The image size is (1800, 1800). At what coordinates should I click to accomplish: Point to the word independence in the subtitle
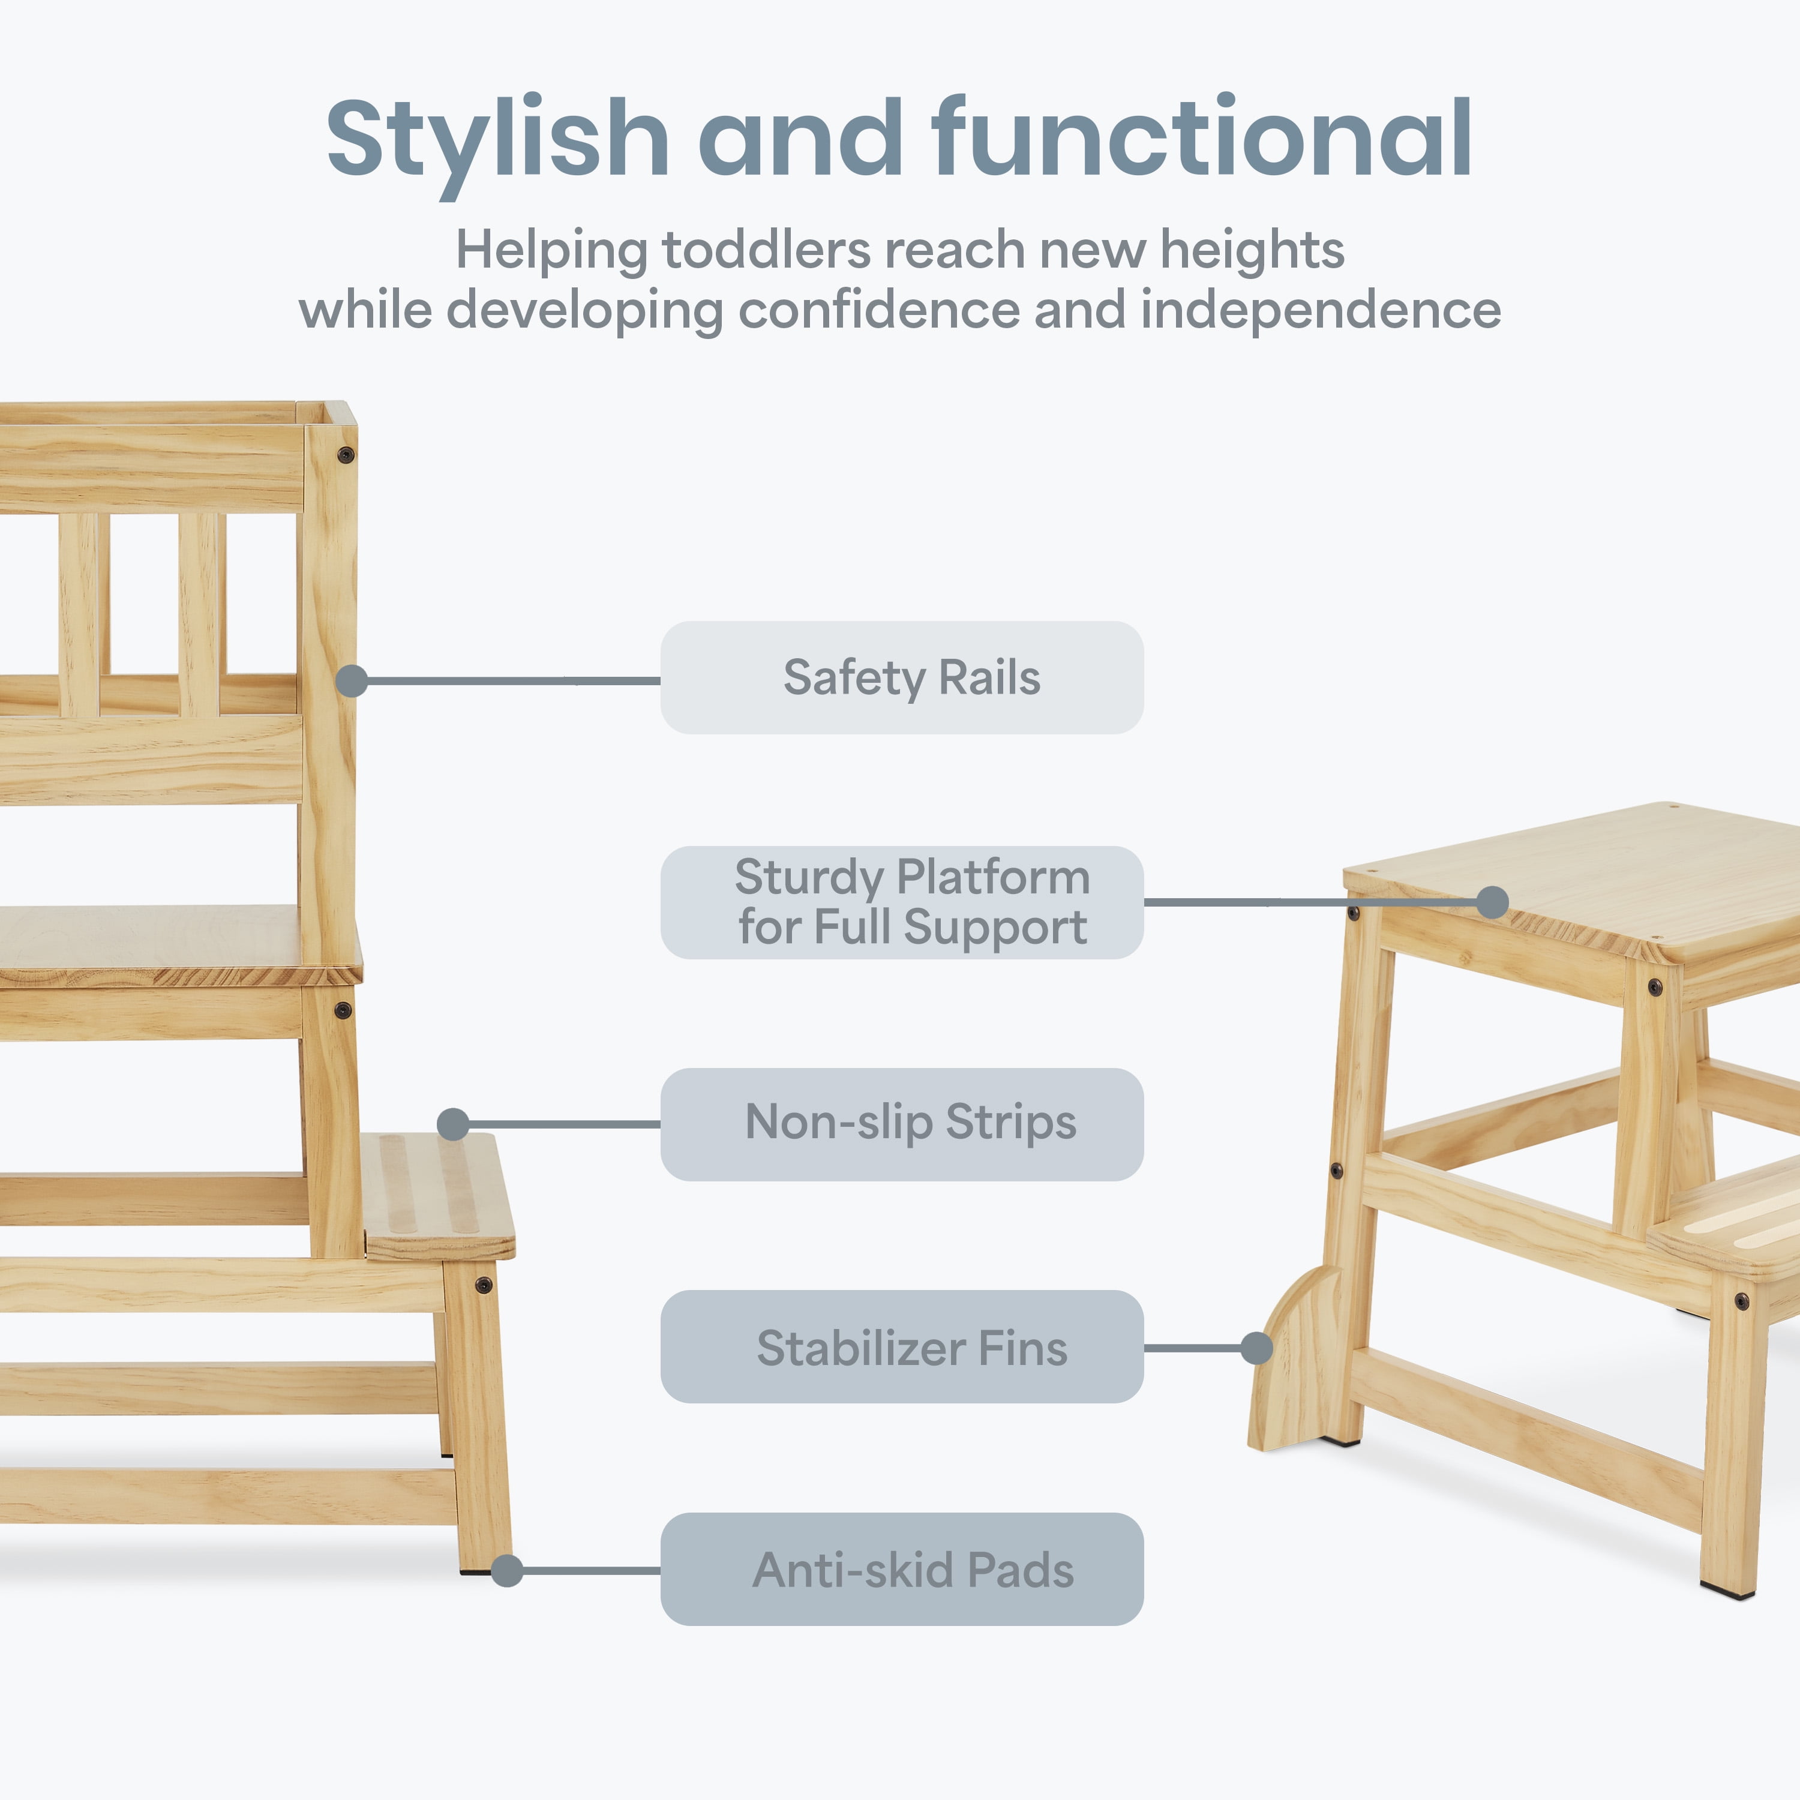pos(1320,310)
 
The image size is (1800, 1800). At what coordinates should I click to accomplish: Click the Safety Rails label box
pos(902,677)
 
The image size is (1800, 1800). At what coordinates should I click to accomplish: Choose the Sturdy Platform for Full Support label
pos(902,902)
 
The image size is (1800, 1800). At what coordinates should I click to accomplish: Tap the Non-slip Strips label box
pos(902,1124)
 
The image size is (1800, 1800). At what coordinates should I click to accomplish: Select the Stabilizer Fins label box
pos(902,1346)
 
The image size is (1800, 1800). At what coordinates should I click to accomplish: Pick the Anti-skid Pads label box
pos(902,1569)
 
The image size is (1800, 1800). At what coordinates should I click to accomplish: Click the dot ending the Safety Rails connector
pos(351,681)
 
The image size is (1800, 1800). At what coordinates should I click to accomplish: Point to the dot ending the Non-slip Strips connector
pos(453,1124)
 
